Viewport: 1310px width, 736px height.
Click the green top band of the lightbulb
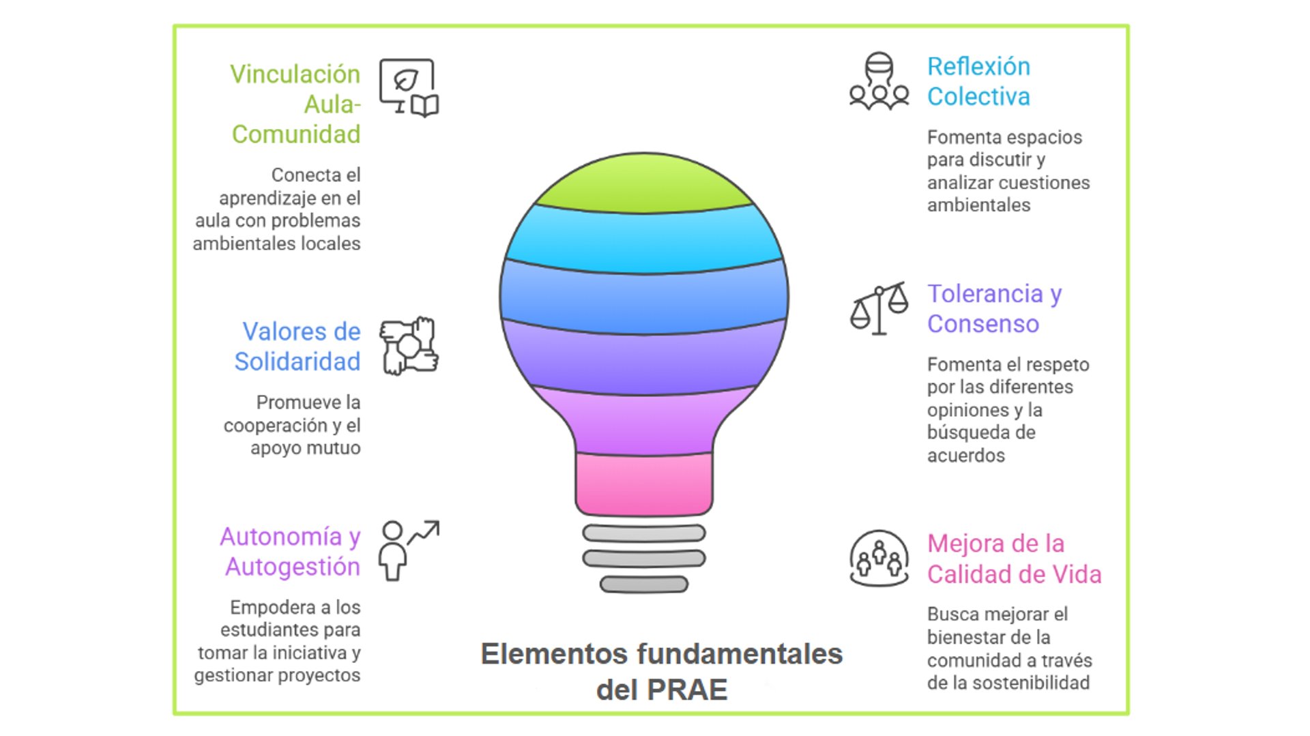(x=644, y=183)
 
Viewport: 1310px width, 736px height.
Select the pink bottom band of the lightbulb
(x=644, y=483)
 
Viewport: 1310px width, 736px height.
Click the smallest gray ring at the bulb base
(x=644, y=585)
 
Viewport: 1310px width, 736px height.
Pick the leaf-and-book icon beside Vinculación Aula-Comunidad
(x=409, y=88)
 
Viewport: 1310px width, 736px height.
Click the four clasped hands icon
(x=409, y=346)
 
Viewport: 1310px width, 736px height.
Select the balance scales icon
(x=879, y=308)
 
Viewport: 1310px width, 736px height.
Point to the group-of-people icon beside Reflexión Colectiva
(x=879, y=81)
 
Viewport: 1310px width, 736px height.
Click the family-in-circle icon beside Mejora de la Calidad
(x=879, y=559)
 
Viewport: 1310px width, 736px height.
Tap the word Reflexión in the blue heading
(x=978, y=67)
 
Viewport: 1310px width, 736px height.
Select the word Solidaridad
(x=297, y=362)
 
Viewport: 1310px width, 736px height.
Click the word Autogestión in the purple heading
(x=293, y=567)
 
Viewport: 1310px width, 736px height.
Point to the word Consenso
(x=982, y=324)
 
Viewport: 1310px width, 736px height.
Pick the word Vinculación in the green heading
(x=295, y=74)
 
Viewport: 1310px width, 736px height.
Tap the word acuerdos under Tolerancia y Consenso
(x=965, y=456)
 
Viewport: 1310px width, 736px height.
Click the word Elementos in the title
(x=554, y=654)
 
